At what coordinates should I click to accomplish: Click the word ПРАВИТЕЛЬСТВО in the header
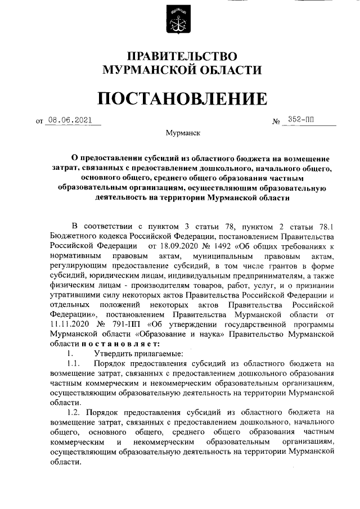[x=180, y=56]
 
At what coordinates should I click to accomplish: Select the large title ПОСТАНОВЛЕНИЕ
[x=180, y=98]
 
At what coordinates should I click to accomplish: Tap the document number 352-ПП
[x=301, y=120]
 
